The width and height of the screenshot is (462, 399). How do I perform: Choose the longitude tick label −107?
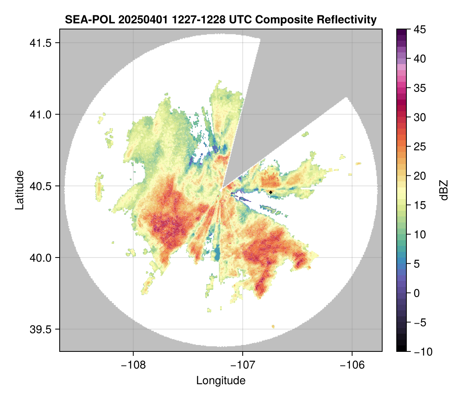tap(243, 365)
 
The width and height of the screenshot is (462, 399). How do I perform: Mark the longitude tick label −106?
tap(352, 365)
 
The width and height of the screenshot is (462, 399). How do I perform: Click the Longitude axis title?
tap(221, 380)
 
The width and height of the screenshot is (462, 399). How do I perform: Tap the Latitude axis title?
tap(19, 190)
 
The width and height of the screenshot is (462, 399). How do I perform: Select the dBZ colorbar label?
tap(444, 190)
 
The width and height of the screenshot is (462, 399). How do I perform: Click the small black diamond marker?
tap(271, 192)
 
